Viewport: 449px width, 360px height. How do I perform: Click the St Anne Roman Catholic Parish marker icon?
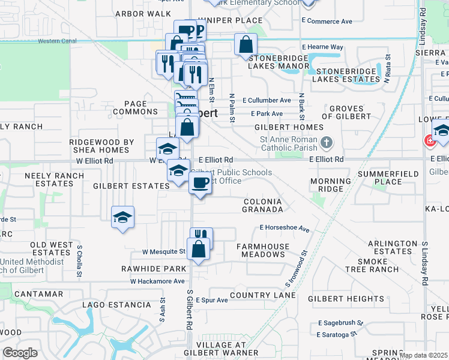click(x=327, y=143)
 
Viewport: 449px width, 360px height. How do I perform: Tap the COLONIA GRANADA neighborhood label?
click(x=262, y=205)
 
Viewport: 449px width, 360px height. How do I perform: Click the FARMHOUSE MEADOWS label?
click(x=262, y=250)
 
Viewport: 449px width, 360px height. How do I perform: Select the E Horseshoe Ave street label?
click(x=284, y=229)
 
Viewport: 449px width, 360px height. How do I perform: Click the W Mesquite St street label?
click(x=163, y=251)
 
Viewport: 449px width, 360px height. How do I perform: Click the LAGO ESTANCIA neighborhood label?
click(x=118, y=305)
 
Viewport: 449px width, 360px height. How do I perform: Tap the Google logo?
click(x=20, y=353)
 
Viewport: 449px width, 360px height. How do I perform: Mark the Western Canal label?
click(x=58, y=41)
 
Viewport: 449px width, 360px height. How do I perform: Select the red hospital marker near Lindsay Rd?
click(x=430, y=142)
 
